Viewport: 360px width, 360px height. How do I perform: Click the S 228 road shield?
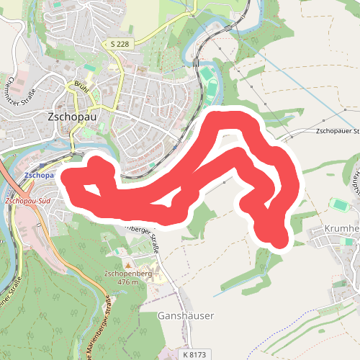pyautogui.click(x=120, y=45)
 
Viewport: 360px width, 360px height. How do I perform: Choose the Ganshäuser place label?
pyautogui.click(x=186, y=315)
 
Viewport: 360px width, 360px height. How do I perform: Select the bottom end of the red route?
pyautogui.click(x=278, y=238)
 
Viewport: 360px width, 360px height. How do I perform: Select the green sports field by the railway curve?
pyautogui.click(x=207, y=75)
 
